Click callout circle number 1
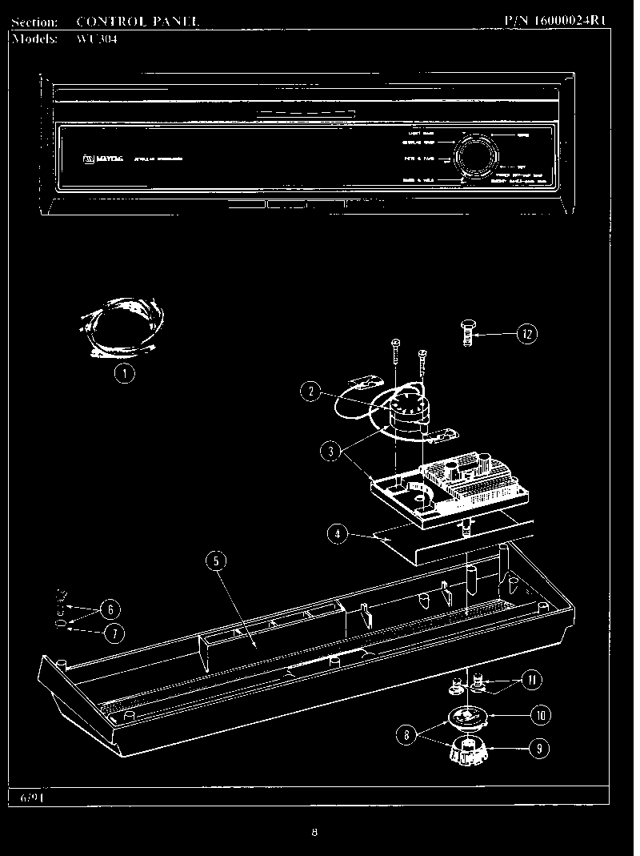[123, 372]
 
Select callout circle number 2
[311, 392]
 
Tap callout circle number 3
[330, 451]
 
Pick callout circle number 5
[215, 561]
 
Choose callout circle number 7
[113, 633]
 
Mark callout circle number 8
[409, 733]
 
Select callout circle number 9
[538, 750]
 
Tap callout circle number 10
[540, 714]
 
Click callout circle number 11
[530, 681]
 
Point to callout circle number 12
[526, 334]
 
